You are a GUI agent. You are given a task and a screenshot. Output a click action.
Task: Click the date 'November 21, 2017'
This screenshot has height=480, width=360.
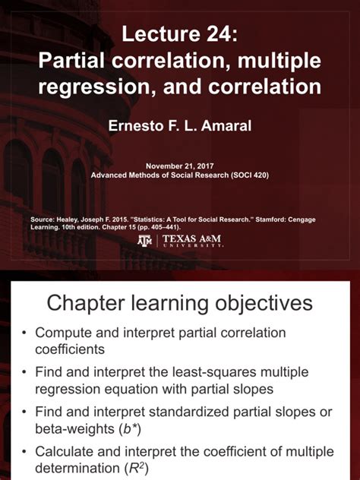180,165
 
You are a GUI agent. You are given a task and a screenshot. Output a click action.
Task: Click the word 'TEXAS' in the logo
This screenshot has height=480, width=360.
183,239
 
